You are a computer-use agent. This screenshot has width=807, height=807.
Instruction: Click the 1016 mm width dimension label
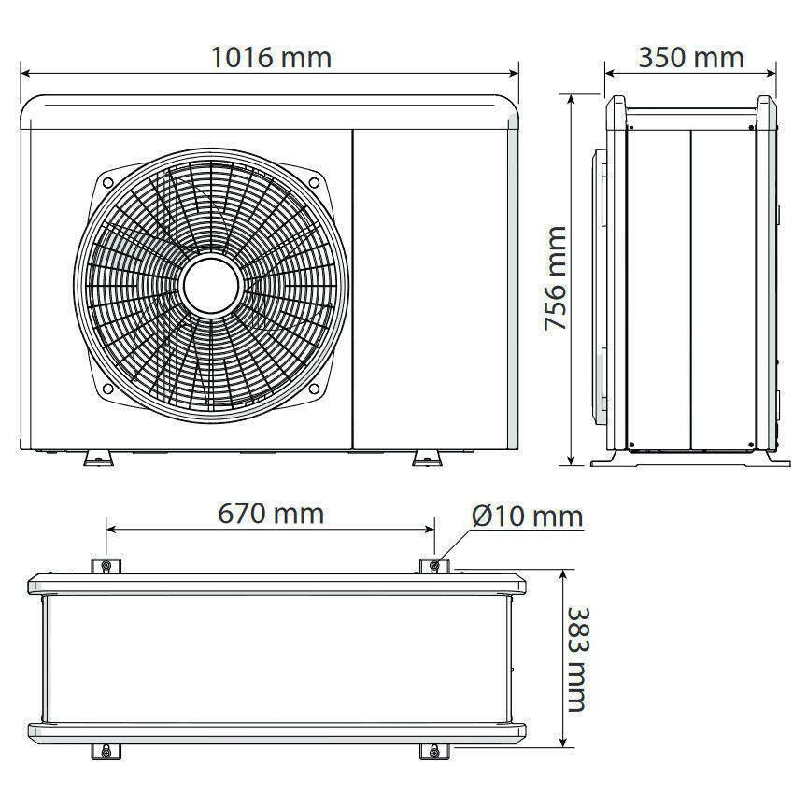tap(271, 57)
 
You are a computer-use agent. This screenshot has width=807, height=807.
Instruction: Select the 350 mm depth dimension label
tap(691, 57)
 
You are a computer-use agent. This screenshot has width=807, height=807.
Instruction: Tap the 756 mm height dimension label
tap(556, 278)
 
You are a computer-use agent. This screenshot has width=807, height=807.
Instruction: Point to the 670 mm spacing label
tap(271, 514)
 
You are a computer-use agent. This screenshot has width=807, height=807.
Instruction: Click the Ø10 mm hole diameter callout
tap(528, 516)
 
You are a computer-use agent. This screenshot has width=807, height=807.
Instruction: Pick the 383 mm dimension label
tap(577, 659)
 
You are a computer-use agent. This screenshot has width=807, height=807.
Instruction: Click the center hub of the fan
tap(211, 286)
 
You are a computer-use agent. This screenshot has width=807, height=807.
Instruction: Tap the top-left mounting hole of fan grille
tap(107, 182)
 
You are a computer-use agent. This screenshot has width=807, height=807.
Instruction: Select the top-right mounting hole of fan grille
tap(314, 182)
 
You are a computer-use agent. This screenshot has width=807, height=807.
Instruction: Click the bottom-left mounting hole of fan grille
tap(107, 389)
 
